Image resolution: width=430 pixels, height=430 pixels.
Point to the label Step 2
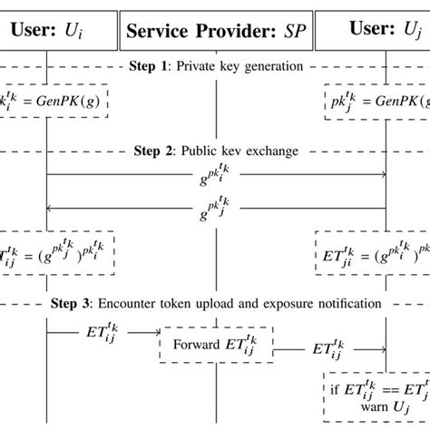[153, 150]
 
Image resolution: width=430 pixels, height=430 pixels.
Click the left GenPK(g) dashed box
[54, 103]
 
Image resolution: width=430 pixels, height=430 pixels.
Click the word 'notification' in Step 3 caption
[348, 303]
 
